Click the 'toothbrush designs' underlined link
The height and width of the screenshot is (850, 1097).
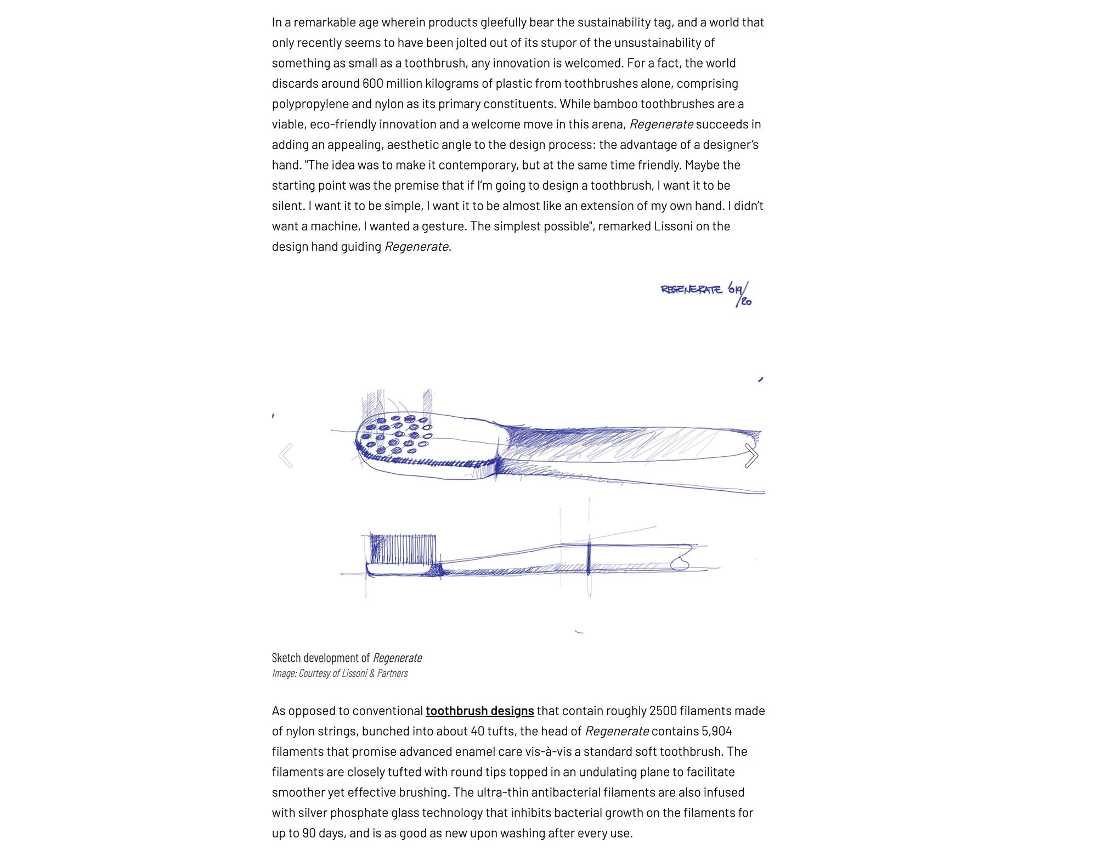click(x=479, y=711)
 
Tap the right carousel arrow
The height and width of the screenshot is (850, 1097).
click(x=751, y=456)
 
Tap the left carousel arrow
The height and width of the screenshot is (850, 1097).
click(x=286, y=456)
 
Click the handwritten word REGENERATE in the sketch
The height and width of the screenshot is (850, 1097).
click(x=691, y=290)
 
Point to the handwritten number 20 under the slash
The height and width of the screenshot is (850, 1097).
click(x=746, y=302)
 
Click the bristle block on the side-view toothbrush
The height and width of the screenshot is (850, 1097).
click(x=403, y=549)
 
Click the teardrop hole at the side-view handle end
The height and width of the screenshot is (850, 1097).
click(x=680, y=563)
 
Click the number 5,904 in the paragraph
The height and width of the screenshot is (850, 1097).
click(x=716, y=731)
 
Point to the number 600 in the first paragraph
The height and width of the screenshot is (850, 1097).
click(x=372, y=83)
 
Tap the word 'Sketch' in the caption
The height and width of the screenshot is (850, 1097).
click(x=286, y=658)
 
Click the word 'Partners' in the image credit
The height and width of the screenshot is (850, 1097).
click(x=392, y=673)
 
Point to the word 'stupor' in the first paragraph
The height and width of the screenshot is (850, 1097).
click(x=570, y=43)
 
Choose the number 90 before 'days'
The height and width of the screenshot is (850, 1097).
click(x=308, y=833)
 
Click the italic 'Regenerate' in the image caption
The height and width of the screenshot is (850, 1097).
click(x=397, y=658)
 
